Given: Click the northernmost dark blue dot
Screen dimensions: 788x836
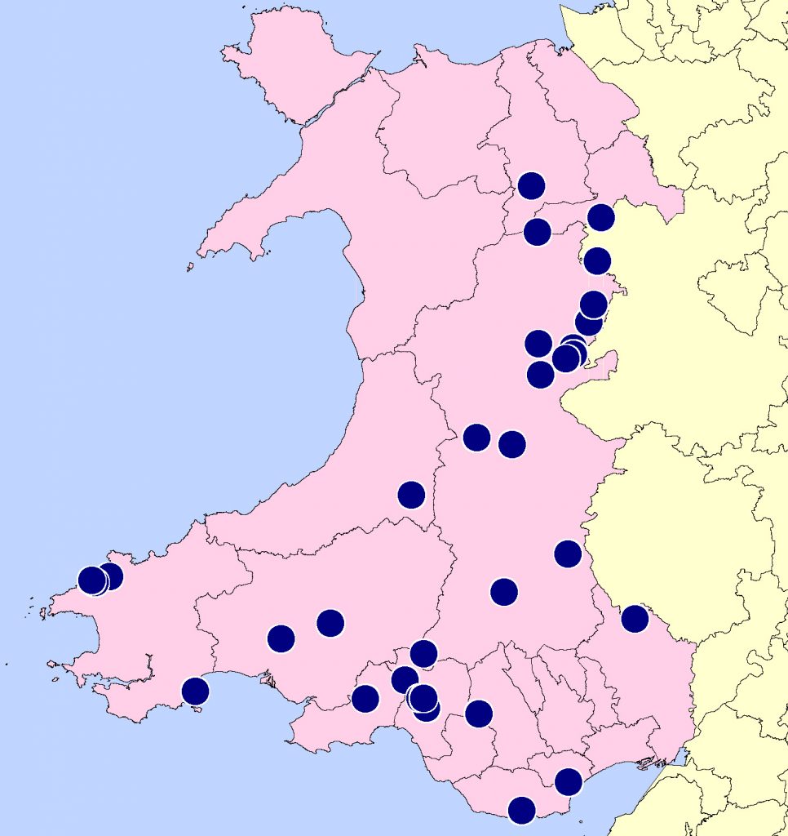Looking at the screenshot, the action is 531,185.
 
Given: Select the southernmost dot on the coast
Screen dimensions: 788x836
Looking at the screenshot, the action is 521,810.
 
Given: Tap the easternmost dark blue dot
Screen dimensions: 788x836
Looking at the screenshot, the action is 635,619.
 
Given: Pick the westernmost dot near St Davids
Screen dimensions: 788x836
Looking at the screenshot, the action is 92,580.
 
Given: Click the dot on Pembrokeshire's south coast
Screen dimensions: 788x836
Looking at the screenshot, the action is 195,691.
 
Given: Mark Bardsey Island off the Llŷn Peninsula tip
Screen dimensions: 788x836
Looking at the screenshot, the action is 190,267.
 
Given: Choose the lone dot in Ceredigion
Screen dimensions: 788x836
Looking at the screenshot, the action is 411,494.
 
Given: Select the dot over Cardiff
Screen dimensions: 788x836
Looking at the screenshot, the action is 568,781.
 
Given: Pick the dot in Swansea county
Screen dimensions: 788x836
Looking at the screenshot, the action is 365,698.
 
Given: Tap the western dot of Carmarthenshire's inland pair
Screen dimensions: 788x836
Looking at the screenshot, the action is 281,638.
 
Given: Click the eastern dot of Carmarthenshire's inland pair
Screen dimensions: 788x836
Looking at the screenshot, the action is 330,623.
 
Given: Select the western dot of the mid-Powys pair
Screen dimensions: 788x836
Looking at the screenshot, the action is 476,438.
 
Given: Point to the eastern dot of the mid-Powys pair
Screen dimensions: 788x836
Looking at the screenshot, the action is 511,444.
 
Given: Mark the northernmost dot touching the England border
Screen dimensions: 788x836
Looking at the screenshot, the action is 600,217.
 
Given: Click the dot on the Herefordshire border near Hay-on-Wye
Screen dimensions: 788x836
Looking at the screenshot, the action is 568,554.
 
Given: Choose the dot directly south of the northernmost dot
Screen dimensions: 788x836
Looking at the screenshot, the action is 537,232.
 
